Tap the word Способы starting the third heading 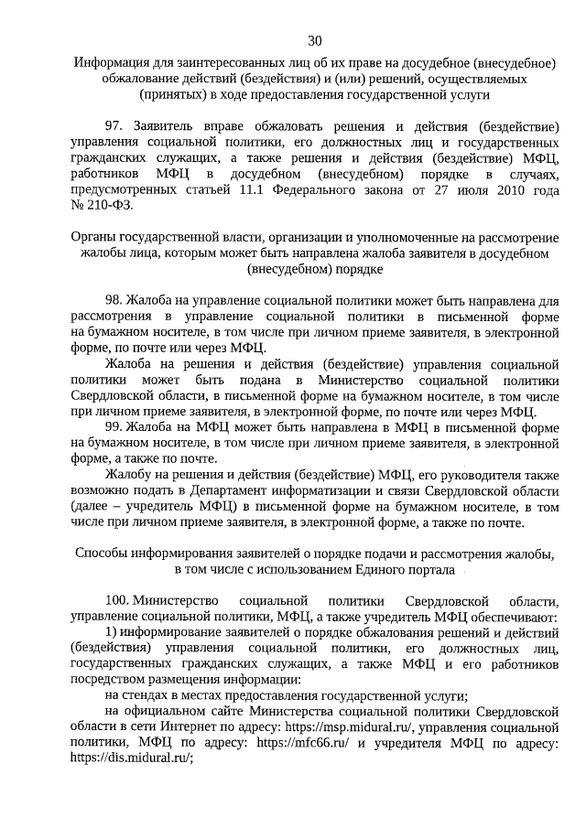(100, 554)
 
